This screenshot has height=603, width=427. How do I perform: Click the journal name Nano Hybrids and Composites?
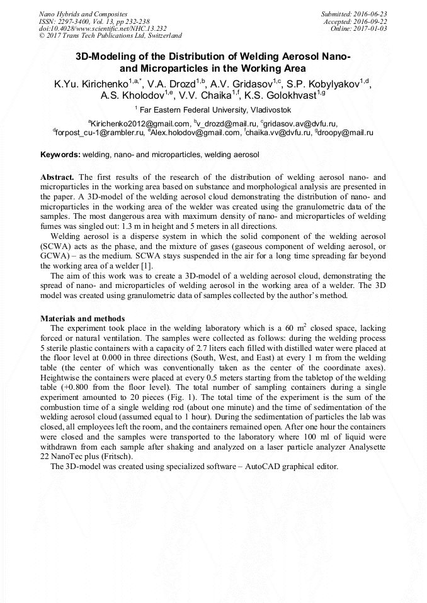(x=83, y=13)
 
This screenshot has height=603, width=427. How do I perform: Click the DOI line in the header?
(x=94, y=28)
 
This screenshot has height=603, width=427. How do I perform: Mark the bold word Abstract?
(x=57, y=178)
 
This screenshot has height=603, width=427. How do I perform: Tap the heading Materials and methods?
(x=83, y=319)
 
